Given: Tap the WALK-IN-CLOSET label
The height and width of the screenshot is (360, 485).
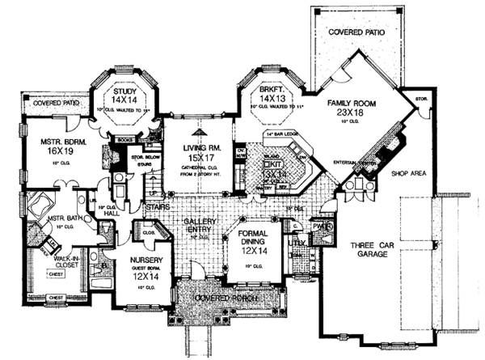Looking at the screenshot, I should coord(53,258).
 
